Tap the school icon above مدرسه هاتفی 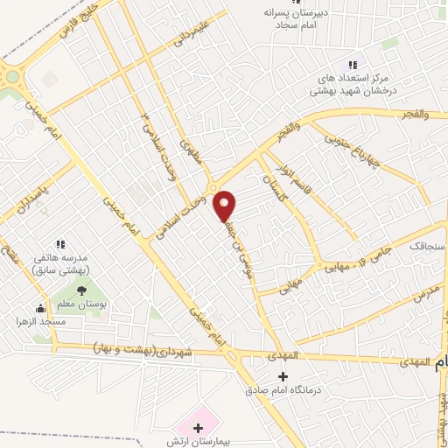60,243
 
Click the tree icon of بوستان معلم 81,290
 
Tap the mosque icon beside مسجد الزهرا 39,307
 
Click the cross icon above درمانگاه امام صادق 281,375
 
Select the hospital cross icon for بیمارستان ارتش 198,428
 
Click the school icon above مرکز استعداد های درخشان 353,64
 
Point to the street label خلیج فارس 75,23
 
